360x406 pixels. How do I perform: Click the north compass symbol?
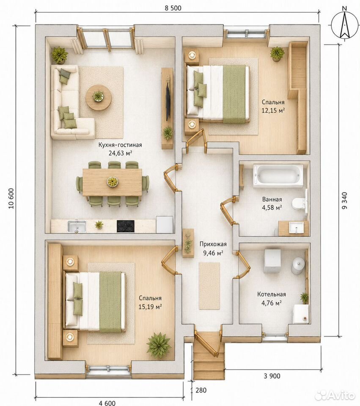click(344, 25)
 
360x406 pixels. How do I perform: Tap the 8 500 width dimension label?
click(173, 8)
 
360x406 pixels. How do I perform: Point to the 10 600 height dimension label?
click(11, 198)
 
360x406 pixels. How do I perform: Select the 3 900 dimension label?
click(272, 376)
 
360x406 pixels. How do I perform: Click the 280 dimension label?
click(201, 390)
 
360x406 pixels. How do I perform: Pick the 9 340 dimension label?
click(345, 200)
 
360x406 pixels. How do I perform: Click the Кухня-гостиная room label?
click(120, 145)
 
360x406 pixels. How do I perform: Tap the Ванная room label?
click(272, 199)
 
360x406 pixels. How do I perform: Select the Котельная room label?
click(272, 294)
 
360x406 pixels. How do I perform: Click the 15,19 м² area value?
click(150, 307)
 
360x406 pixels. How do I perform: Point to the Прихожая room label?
click(213, 244)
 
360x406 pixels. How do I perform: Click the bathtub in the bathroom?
click(278, 176)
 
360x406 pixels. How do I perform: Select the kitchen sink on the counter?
click(77, 226)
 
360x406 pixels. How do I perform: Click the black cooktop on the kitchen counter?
click(126, 226)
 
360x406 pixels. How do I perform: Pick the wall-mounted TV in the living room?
click(168, 103)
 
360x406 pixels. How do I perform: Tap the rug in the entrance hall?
click(209, 285)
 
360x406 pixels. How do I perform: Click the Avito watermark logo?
click(335, 395)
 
